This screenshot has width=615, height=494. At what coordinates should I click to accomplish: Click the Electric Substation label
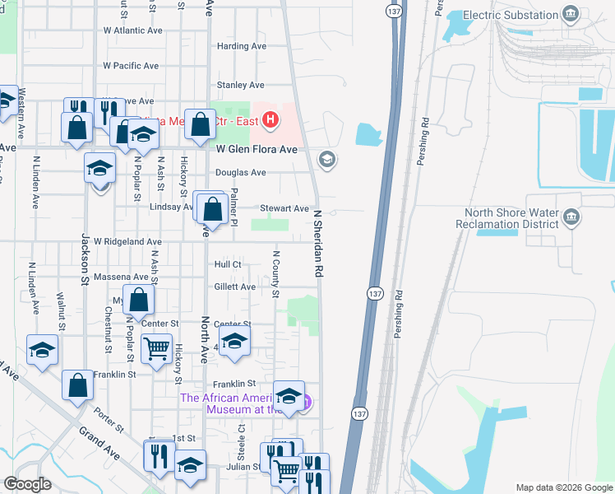[510, 15]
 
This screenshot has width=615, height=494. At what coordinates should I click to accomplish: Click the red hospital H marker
[271, 122]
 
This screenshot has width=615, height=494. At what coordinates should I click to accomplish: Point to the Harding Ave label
[241, 47]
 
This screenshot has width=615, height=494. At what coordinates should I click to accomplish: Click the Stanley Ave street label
[240, 85]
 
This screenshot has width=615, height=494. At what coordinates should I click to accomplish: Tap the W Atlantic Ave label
[132, 30]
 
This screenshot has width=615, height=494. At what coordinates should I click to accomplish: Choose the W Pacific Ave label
[130, 66]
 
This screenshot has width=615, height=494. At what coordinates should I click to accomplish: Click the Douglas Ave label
[240, 173]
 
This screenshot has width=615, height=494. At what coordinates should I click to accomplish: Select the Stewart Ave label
[284, 209]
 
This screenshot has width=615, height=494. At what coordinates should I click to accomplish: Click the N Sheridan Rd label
[317, 241]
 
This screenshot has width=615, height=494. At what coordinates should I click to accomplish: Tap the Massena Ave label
[121, 277]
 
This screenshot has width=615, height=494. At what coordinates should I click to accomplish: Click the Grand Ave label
[98, 438]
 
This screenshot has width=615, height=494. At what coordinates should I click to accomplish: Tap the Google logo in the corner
[27, 484]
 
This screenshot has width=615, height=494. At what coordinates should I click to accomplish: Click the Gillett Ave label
[235, 287]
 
